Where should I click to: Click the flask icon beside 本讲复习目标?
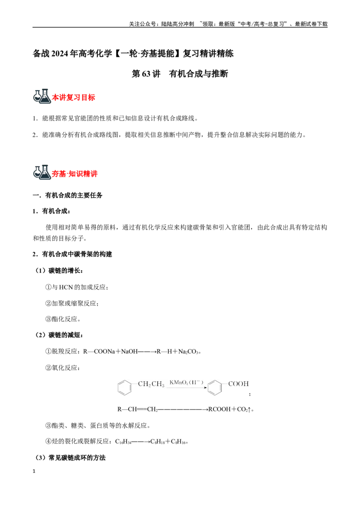pyautogui.click(x=42, y=96)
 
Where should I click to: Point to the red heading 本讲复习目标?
pyautogui.click(x=73, y=98)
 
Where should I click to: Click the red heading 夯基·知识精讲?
pyautogui.click(x=75, y=174)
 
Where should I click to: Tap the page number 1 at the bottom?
pyautogui.click(x=34, y=471)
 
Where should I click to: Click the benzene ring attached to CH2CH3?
pyautogui.click(x=125, y=387)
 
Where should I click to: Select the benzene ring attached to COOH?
pyautogui.click(x=215, y=387)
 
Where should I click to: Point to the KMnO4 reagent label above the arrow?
pyautogui.click(x=186, y=382)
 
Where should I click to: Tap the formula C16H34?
pyautogui.click(x=123, y=442)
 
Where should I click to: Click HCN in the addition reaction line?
pyautogui.click(x=66, y=287)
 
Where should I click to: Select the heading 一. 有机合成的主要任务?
pyautogui.click(x=67, y=196)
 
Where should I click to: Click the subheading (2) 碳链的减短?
pyautogui.click(x=59, y=335)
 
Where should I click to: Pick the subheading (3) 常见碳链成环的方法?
pyautogui.click(x=70, y=458)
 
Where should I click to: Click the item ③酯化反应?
pyautogui.click(x=63, y=319)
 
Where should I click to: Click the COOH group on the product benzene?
pyautogui.click(x=238, y=384)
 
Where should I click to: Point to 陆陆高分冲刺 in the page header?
pyautogui.click(x=178, y=24)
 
